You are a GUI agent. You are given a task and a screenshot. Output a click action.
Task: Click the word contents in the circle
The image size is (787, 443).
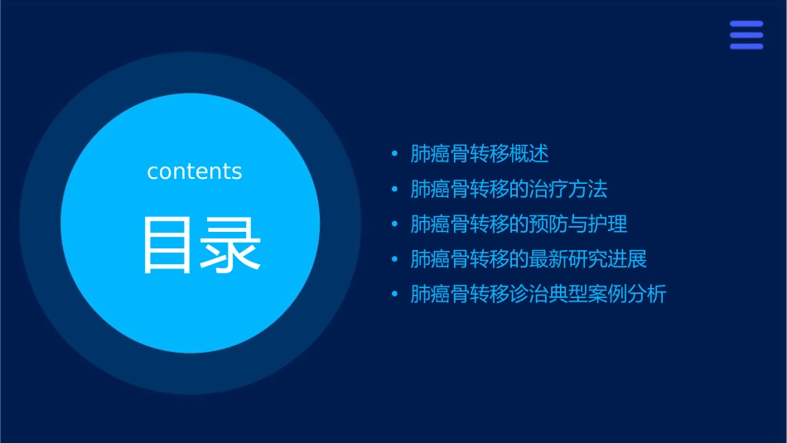click(195, 171)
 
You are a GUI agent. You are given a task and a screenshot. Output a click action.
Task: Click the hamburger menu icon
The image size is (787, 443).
click(746, 36)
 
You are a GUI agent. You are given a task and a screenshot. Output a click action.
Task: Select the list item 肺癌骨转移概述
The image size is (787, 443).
click(480, 154)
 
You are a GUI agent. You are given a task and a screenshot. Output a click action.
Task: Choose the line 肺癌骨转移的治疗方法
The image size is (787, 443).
click(509, 189)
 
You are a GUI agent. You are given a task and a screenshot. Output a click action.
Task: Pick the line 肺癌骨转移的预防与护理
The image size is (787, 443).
click(519, 224)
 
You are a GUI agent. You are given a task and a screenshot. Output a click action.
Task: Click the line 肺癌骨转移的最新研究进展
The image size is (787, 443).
click(529, 259)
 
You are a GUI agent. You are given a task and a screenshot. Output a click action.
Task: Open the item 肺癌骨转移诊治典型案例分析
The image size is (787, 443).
click(538, 295)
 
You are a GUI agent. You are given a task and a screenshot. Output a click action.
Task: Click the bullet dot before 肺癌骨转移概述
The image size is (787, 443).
click(394, 154)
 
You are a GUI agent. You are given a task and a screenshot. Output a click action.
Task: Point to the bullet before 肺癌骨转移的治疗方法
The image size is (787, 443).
click(394, 190)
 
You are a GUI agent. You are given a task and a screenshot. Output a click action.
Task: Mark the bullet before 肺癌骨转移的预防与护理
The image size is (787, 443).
click(394, 224)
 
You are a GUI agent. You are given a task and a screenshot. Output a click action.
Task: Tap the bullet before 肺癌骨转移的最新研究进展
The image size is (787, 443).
click(394, 260)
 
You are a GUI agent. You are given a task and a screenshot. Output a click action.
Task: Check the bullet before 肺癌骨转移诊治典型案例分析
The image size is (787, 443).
click(394, 295)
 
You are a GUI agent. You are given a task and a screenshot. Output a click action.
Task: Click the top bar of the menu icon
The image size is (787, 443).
click(746, 25)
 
